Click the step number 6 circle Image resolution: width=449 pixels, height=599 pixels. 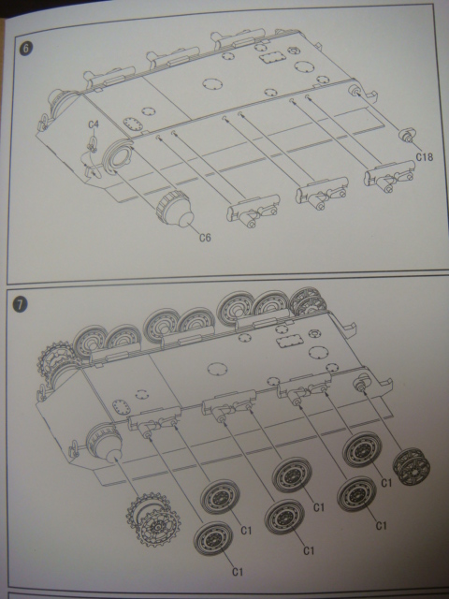[x=26, y=49]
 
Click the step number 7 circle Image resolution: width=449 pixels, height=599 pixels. [x=20, y=304]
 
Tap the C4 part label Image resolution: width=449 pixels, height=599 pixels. [x=94, y=124]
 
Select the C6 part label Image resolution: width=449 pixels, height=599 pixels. [x=205, y=238]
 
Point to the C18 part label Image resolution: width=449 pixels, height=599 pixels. [x=424, y=156]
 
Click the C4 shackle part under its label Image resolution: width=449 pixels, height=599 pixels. [x=92, y=144]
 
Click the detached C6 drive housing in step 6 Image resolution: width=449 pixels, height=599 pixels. [x=175, y=210]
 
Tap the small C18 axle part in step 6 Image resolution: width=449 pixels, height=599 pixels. [x=408, y=136]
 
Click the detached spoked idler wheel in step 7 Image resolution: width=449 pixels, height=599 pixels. [x=412, y=467]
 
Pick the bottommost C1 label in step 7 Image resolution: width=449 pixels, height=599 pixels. [x=237, y=572]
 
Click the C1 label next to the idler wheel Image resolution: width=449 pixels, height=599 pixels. [x=386, y=483]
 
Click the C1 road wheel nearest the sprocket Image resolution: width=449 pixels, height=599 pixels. [x=213, y=539]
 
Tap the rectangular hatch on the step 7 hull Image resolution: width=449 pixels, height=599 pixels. [x=289, y=342]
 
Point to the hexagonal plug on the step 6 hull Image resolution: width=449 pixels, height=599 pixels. [x=293, y=50]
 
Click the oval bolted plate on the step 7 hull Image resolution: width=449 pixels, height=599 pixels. [x=121, y=405]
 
